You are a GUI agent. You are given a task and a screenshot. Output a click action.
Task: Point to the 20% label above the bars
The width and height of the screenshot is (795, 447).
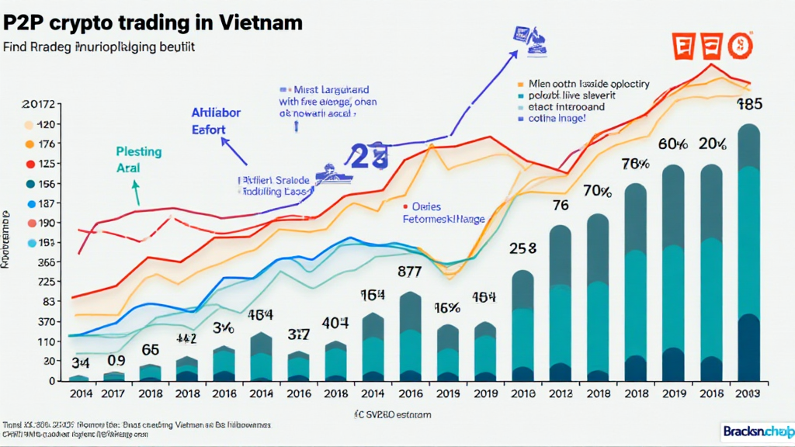[x=712, y=144]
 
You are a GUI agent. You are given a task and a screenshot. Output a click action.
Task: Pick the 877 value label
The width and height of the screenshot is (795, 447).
[x=411, y=272]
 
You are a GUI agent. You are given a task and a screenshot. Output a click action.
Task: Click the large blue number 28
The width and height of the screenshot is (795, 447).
[x=368, y=158]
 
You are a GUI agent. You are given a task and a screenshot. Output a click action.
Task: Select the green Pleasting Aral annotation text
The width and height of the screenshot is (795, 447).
[x=138, y=159]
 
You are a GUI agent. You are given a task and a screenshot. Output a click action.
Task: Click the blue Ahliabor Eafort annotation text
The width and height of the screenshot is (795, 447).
[x=216, y=121]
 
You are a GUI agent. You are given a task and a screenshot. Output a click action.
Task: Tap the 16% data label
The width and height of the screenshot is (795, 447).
[x=448, y=307]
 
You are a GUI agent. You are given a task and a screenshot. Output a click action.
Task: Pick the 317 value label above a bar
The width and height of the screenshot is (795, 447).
[x=299, y=334]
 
